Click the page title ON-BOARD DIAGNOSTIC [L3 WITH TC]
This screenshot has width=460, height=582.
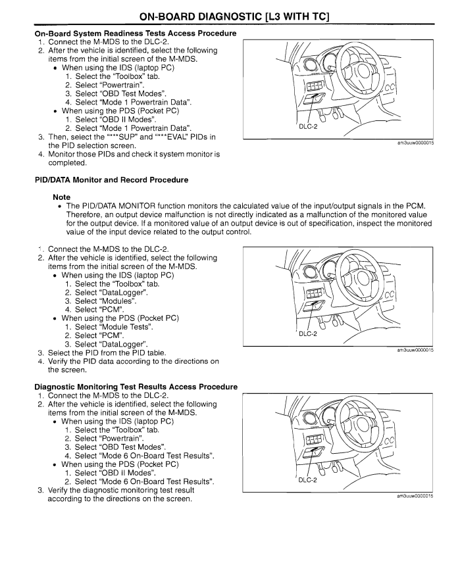pos(230,14)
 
